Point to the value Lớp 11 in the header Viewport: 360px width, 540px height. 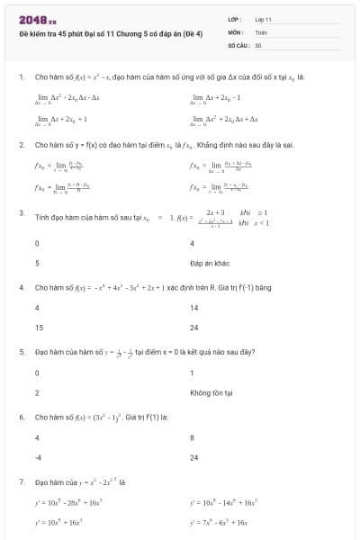(263, 19)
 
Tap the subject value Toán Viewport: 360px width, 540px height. (261, 31)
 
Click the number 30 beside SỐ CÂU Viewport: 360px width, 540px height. (258, 44)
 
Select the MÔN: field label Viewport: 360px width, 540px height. (236, 31)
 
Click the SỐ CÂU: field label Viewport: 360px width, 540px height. (238, 44)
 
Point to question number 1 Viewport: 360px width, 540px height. (21, 77)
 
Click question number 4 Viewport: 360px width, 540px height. (21, 287)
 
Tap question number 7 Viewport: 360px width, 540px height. (21, 481)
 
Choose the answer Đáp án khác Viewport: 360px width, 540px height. (210, 264)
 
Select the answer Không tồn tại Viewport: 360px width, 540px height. (211, 393)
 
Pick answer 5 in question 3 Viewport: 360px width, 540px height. (37, 264)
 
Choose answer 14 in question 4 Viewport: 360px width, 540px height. (193, 308)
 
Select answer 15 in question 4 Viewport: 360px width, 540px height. (38, 328)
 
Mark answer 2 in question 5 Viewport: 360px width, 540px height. (37, 393)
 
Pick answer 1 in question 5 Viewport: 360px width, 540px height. (193, 373)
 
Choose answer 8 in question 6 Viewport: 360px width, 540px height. (193, 437)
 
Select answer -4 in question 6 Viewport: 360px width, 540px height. (38, 458)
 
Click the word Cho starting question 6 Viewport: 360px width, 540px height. (40, 417)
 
